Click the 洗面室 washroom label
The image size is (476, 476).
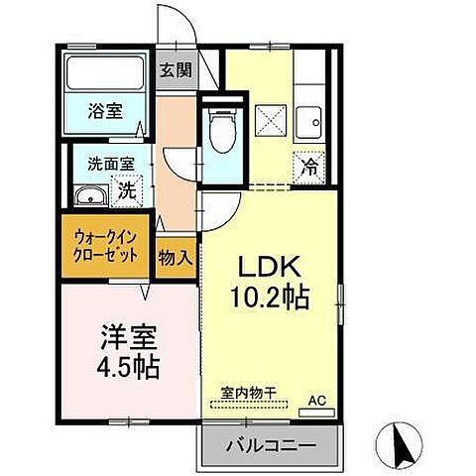(x=101, y=164)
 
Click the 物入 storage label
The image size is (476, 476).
(x=175, y=257)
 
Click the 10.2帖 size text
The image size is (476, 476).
(x=268, y=297)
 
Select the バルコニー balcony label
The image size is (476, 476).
(x=275, y=446)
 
